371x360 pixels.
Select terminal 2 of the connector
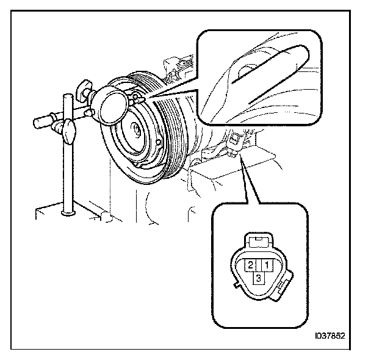(x=251, y=265)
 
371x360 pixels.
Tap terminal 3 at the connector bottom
(x=259, y=278)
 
